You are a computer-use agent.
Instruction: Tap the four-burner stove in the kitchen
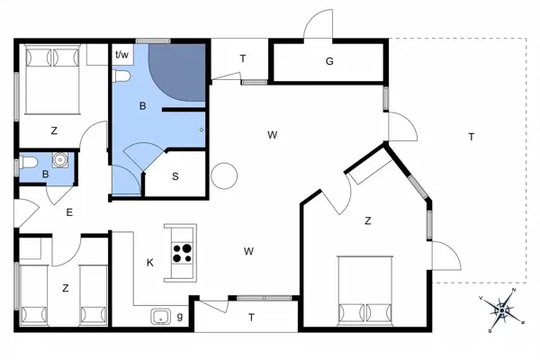pyautogui.click(x=183, y=252)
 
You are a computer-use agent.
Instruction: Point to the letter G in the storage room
pyautogui.click(x=329, y=61)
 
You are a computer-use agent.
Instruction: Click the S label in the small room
pyautogui.click(x=175, y=176)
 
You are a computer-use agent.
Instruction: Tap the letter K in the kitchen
pyautogui.click(x=150, y=263)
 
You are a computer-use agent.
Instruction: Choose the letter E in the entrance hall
pyautogui.click(x=68, y=212)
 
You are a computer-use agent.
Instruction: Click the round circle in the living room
pyautogui.click(x=223, y=176)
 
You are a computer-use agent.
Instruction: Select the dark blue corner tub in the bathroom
pyautogui.click(x=175, y=72)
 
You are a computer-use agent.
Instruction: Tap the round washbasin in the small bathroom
pyautogui.click(x=60, y=163)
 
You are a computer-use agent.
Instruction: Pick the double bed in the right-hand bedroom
pyautogui.click(x=366, y=290)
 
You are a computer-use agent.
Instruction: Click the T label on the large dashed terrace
pyautogui.click(x=471, y=137)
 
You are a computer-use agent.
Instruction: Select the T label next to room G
pyautogui.click(x=242, y=59)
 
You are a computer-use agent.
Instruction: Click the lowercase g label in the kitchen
pyautogui.click(x=180, y=316)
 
